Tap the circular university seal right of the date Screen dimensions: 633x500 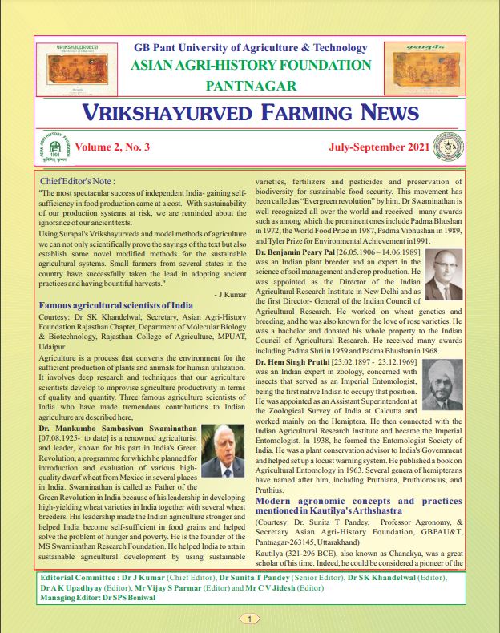coord(446,148)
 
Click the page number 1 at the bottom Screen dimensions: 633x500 coord(250,619)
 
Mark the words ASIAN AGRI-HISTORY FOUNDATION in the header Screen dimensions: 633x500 coord(251,66)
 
